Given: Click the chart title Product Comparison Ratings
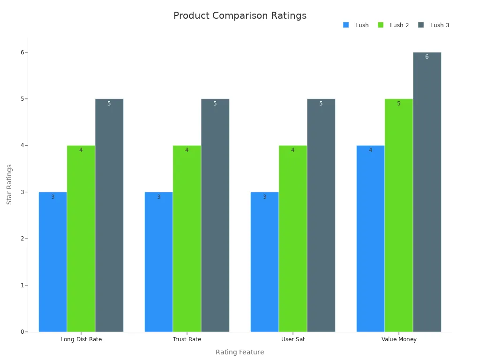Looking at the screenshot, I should coord(240,15).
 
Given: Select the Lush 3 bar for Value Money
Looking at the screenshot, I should coord(427,192).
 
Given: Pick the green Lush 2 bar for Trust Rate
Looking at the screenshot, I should coord(187,239).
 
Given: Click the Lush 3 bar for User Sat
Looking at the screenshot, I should coord(321,215).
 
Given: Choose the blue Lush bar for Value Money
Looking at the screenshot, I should coord(370,239).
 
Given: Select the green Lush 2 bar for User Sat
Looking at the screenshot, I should coord(292,239).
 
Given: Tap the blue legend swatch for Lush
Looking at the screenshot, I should coord(346,25).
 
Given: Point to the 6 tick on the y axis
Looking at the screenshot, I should coord(22,52).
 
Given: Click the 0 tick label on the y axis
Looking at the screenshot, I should coord(22,332).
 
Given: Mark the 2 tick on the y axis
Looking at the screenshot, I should coord(22,239).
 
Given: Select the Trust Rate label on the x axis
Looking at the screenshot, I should coord(187,339).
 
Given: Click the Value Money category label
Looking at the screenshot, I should coord(398,339).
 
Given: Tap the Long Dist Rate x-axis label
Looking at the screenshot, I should coord(81,339).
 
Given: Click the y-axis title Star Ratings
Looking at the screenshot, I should coord(9,184).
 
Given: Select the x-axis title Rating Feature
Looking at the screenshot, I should coord(240,352).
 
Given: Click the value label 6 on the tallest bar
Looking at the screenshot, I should coord(427,57).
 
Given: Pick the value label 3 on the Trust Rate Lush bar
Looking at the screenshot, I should coord(158,197).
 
